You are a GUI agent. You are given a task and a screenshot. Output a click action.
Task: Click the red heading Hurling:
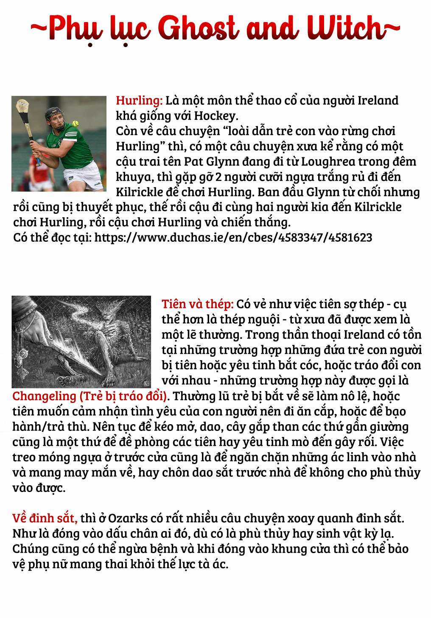139,101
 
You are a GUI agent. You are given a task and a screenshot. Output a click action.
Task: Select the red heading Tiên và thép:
197,304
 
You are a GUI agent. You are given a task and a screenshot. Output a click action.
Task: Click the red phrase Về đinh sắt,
45,518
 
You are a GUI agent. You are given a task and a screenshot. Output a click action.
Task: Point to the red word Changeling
43,396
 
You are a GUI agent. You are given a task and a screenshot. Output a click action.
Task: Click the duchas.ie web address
233,238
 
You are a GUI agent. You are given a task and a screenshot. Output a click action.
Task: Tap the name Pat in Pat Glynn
192,162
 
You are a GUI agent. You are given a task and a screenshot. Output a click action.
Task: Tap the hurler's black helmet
53,112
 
